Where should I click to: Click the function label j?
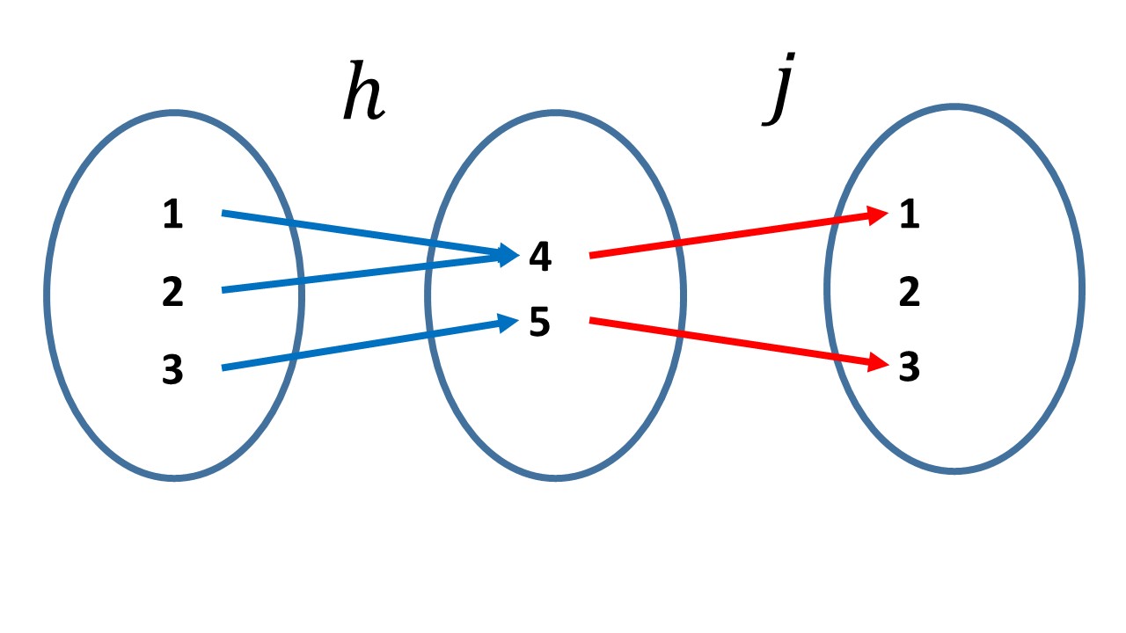point(778,93)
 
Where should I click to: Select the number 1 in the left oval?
point(173,215)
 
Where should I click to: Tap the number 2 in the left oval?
point(173,291)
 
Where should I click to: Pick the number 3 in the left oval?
point(173,369)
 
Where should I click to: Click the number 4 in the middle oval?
point(540,257)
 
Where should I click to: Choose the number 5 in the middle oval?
point(540,323)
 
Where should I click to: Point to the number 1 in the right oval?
point(910,215)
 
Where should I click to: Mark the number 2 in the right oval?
point(910,291)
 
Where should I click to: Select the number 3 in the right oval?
point(910,367)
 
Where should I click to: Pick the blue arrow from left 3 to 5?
point(361,346)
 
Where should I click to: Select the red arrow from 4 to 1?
point(730,235)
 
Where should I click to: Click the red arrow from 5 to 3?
point(730,341)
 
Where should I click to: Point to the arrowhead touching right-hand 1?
point(878,214)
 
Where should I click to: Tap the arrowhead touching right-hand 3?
point(878,362)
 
